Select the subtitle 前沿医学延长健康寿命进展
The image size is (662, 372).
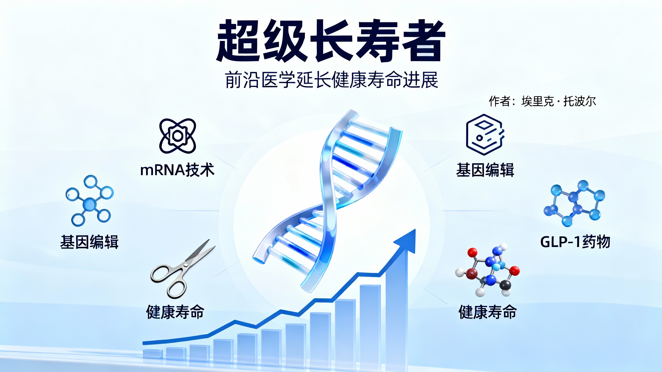(x=332, y=80)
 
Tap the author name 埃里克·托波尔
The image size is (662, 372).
(x=559, y=101)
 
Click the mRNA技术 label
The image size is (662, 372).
(x=177, y=170)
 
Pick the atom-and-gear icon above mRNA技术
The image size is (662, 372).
(x=178, y=136)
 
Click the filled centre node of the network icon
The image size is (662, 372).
(x=89, y=204)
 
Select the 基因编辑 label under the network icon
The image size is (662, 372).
(x=89, y=242)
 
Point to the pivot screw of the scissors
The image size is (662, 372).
(x=186, y=265)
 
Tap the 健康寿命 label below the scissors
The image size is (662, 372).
(x=175, y=312)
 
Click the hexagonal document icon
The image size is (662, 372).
(x=485, y=135)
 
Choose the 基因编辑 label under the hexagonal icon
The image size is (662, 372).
(x=485, y=170)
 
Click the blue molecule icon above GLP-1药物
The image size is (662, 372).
(x=574, y=204)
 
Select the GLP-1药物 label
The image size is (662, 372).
(x=575, y=242)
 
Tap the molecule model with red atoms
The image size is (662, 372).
(x=487, y=270)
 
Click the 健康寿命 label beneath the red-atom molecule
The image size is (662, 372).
(x=488, y=312)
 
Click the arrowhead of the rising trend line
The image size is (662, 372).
(x=407, y=240)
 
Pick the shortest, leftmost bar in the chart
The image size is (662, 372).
(x=153, y=354)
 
